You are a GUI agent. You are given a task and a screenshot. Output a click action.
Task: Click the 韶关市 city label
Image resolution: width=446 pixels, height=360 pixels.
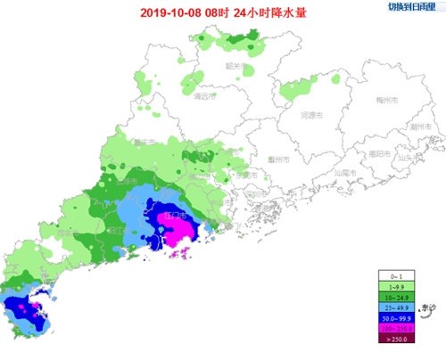coord(235,66)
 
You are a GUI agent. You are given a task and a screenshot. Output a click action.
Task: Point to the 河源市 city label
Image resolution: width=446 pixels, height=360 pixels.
coord(310,115)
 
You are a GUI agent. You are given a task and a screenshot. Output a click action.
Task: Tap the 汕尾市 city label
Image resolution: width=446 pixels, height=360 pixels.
coord(343,171)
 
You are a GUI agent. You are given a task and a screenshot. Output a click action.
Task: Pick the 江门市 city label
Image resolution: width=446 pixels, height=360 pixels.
coord(173,216)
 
